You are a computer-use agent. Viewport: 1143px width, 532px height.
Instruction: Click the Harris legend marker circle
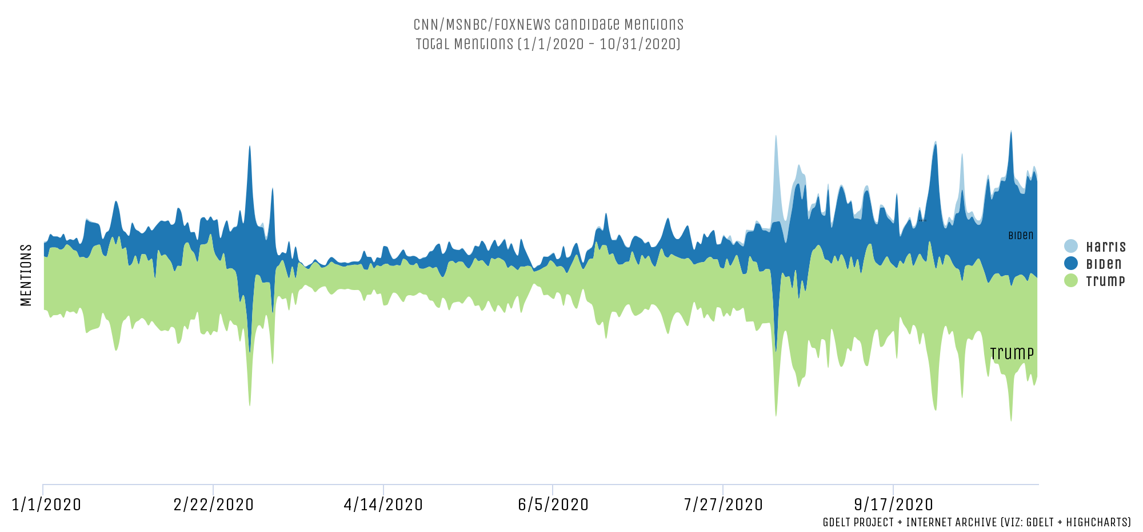coord(1071,247)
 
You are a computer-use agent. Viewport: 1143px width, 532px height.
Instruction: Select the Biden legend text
coord(1104,264)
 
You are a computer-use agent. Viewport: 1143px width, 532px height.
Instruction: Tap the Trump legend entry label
coord(1105,281)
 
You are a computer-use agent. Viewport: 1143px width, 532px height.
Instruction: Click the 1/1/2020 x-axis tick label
coord(46,505)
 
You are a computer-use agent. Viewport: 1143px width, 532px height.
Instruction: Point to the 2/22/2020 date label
coord(214,505)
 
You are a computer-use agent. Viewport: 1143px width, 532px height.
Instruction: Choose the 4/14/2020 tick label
coord(383,505)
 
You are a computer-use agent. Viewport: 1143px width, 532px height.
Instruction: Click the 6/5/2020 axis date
coord(553,505)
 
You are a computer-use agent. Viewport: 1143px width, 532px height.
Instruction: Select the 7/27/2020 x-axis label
coord(724,505)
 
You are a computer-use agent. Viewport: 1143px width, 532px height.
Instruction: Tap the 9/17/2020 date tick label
coord(894,505)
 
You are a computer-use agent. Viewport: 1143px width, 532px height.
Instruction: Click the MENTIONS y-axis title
coord(26,275)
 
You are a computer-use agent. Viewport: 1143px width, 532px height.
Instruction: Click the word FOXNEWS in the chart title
coord(522,25)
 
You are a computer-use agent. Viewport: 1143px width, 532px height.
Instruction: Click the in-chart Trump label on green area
coord(1012,354)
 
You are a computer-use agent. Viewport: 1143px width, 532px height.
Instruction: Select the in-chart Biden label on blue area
coord(1021,236)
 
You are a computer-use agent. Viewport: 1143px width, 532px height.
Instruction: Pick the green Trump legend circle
coord(1071,281)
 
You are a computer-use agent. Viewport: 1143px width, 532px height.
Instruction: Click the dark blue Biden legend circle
coord(1071,264)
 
